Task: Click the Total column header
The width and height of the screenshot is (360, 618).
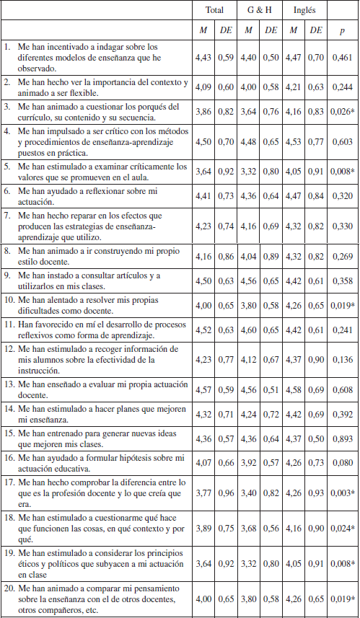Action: click(x=215, y=12)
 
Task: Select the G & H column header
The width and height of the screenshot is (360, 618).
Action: click(x=259, y=12)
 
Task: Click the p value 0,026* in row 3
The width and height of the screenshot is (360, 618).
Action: click(x=342, y=113)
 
